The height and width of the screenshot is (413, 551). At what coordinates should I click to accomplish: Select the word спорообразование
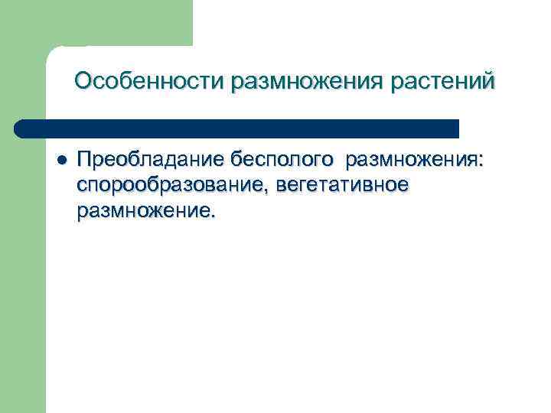click(x=167, y=186)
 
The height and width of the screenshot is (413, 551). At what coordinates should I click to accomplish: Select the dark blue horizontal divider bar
click(x=237, y=128)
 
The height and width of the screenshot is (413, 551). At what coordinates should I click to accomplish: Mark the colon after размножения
click(x=482, y=162)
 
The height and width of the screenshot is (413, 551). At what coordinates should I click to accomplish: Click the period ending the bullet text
click(x=213, y=216)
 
